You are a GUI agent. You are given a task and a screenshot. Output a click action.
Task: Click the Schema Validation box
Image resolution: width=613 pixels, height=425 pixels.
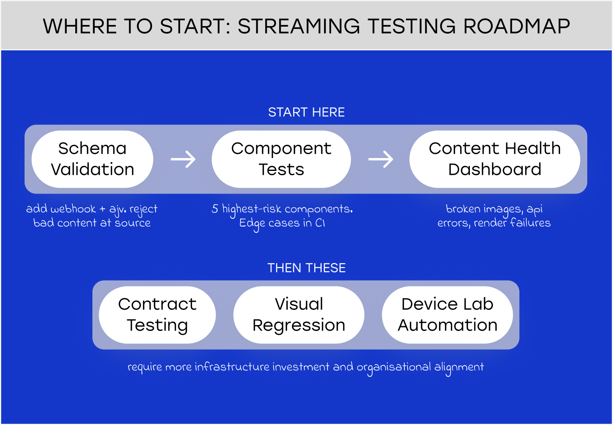point(92,159)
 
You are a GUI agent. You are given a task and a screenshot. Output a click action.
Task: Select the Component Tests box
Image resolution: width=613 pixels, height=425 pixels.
point(281,159)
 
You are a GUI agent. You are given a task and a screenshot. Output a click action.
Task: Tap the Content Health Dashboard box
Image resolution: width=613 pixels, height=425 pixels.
point(494,159)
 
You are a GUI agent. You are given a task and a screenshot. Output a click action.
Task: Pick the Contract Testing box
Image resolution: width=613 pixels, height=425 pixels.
point(157,315)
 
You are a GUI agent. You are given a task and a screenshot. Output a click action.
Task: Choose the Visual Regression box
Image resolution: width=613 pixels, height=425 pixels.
point(299,315)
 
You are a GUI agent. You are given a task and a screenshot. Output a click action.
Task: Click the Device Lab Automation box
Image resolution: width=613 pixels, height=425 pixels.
point(447,315)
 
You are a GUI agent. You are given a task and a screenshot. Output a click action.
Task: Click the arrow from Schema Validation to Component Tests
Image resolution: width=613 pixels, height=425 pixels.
point(183,159)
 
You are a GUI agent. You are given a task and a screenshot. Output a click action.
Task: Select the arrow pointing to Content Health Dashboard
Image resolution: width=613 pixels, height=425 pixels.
point(381,159)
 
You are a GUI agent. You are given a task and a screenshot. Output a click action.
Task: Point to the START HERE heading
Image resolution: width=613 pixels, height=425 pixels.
point(306,112)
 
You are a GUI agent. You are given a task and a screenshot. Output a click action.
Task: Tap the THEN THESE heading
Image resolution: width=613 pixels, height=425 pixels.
point(306,268)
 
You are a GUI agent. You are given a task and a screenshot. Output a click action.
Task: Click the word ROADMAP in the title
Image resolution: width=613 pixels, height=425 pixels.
point(516,27)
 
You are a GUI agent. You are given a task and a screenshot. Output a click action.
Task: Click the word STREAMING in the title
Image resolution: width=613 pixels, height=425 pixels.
point(299,27)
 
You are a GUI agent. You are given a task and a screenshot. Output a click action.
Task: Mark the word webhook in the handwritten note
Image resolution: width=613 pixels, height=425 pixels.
point(73,209)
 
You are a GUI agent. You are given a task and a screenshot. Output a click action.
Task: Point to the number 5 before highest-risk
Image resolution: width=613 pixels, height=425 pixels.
point(215,209)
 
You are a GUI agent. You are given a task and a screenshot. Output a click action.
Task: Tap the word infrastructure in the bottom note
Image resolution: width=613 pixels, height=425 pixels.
point(232,367)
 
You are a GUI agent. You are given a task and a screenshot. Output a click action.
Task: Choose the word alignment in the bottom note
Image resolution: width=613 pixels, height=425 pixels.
point(459,367)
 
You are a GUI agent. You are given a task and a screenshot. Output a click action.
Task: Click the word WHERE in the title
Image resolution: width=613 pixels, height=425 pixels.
point(80,27)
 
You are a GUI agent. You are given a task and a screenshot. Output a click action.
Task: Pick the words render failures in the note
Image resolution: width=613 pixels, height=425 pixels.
point(512,223)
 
